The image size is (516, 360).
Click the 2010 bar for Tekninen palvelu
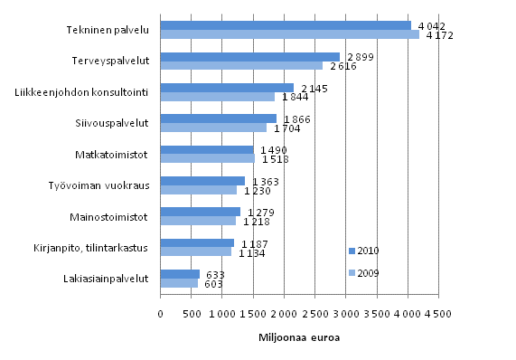[x=285, y=25]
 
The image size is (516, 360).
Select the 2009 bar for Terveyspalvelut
[x=241, y=66]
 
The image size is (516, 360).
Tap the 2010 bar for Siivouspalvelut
[x=218, y=118]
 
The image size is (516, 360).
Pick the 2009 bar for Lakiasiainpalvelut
[x=179, y=283]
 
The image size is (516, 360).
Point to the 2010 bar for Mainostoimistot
[x=200, y=212]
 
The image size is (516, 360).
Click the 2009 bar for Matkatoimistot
[x=208, y=159]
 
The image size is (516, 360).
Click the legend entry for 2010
[x=363, y=250]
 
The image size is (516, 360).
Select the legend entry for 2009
[x=363, y=272]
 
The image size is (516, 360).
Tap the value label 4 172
[x=439, y=36]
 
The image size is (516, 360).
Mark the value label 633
[x=215, y=274]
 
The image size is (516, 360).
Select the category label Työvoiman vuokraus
[x=99, y=185]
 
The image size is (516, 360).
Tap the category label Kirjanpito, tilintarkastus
[x=89, y=247]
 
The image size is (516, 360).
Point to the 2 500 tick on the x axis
[x=314, y=313]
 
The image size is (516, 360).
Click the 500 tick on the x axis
[x=192, y=313]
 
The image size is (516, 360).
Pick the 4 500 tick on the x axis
[x=438, y=313]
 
